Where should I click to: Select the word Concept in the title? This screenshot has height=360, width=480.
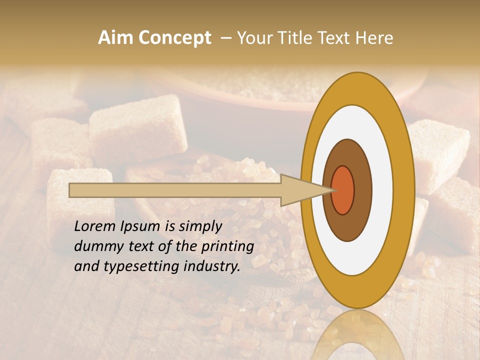[x=174, y=37]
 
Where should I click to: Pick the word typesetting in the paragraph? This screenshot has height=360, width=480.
[x=131, y=266]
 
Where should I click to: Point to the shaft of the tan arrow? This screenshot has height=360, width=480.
[x=175, y=190]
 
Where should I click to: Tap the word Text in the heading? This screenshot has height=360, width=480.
[x=336, y=37]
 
